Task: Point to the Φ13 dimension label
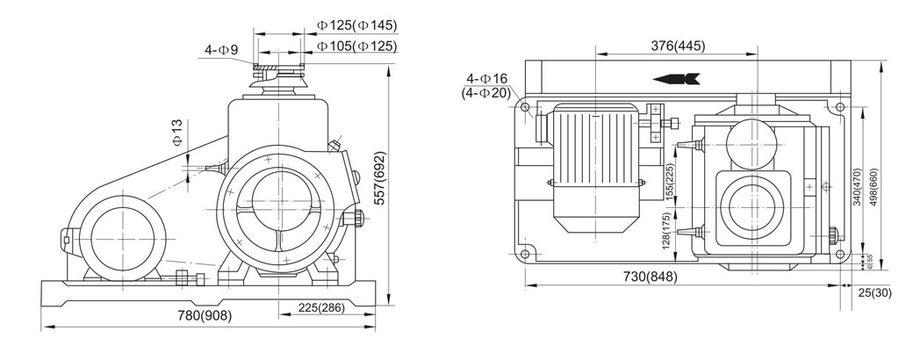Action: point(176,132)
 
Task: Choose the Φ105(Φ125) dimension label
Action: point(356,46)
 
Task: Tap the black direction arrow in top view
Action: point(677,79)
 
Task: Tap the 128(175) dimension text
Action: point(670,238)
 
